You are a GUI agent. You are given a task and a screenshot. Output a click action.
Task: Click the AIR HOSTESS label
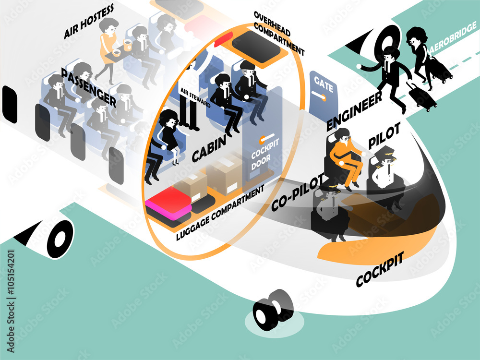coord(89,22)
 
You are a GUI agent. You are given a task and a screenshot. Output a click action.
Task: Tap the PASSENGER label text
coord(88,87)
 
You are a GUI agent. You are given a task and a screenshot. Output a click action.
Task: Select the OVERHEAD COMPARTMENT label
coord(279,34)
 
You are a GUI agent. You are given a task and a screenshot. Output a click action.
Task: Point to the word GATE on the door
coord(323,84)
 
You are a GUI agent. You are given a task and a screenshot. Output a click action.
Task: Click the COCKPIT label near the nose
coord(380,269)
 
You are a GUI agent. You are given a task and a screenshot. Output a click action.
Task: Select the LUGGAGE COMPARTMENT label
coord(220,213)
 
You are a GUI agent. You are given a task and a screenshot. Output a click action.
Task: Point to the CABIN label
coord(209,148)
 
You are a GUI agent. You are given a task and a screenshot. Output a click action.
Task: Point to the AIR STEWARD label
coord(195,97)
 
